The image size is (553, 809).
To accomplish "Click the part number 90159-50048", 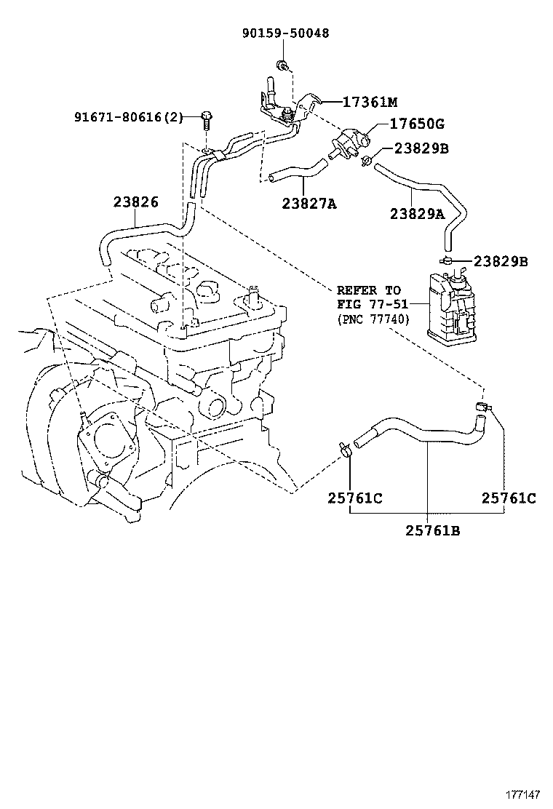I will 285,33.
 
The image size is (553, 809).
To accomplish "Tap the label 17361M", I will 371,102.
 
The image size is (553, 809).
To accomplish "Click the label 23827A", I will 309,204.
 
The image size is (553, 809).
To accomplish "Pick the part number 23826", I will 135,202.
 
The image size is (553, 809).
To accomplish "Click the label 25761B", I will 433,530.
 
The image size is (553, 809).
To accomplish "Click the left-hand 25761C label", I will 355,498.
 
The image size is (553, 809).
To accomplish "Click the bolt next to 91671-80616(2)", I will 208,119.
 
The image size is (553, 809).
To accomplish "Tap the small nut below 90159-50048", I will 282,68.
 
